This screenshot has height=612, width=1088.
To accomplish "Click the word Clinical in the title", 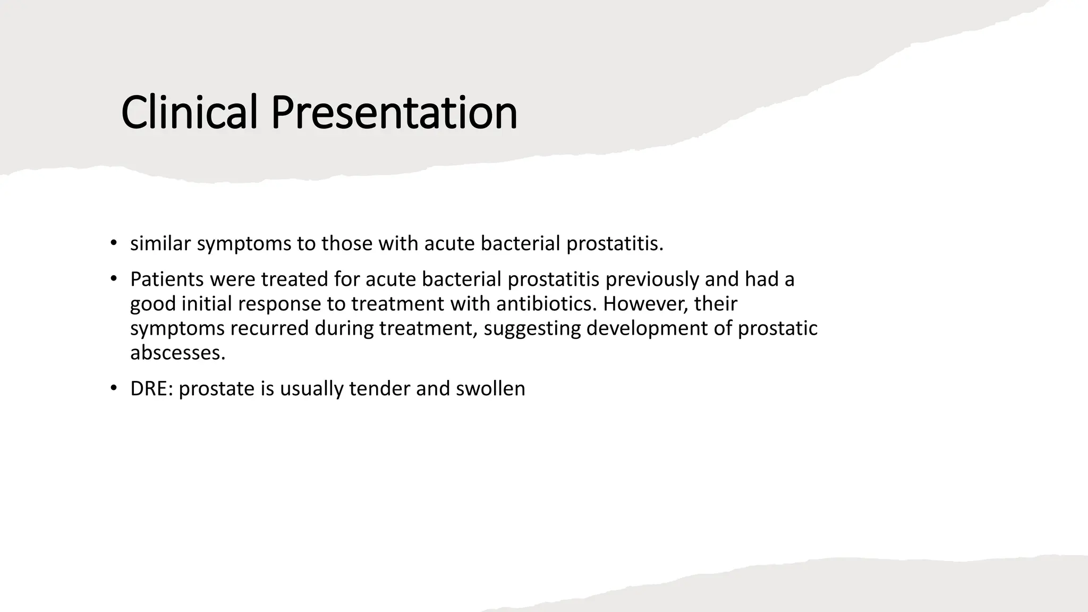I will click(x=189, y=113).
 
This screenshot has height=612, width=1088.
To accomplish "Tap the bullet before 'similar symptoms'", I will click(x=113, y=243).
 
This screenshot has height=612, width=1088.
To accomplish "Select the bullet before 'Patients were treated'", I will click(x=113, y=278).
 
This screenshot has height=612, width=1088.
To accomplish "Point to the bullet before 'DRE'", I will click(x=113, y=388).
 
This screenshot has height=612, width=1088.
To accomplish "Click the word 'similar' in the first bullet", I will click(x=160, y=244).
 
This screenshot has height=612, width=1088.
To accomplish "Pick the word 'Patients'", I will click(x=167, y=279).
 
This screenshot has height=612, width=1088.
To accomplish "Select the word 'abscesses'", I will click(x=177, y=353).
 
